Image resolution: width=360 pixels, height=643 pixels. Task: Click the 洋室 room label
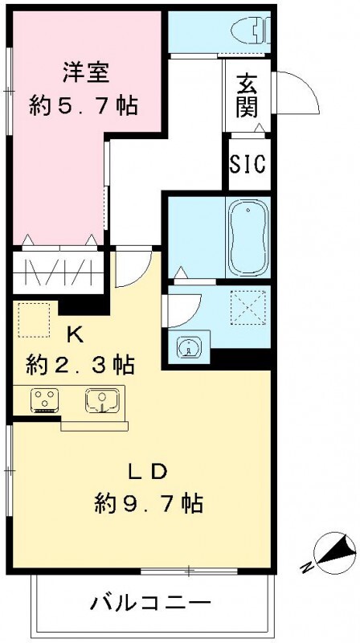click(x=86, y=71)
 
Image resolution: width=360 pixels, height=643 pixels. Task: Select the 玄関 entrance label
click(x=247, y=95)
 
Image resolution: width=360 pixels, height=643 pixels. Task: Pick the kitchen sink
click(x=101, y=399)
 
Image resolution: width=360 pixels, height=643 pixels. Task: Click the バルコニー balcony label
click(x=150, y=601)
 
